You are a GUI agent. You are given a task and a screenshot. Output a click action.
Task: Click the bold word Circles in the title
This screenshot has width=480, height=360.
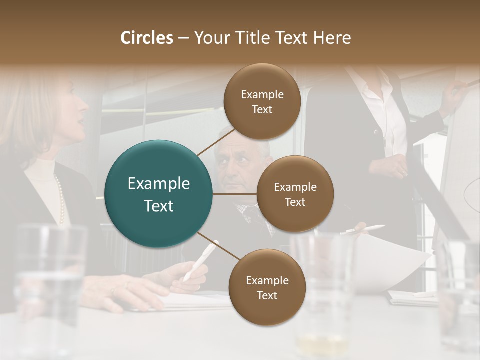[146, 38]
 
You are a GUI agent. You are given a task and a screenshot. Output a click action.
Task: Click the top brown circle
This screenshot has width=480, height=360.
[262, 101]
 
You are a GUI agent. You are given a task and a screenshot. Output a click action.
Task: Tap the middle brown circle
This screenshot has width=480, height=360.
[295, 194]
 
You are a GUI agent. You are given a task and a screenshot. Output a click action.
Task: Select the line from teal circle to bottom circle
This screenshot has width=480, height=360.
[219, 246]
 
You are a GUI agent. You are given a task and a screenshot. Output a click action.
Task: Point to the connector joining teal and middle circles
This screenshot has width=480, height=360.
[234, 194]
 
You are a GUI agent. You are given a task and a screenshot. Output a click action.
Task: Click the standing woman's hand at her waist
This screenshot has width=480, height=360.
[395, 165]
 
